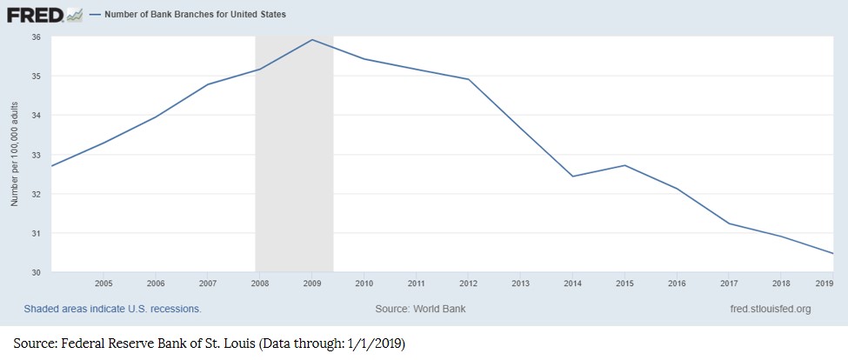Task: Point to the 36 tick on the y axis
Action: click(x=36, y=37)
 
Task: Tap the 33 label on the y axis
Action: click(x=36, y=155)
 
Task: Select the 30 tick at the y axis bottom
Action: click(x=36, y=273)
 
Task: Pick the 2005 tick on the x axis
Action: click(x=103, y=283)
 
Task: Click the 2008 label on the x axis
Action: click(x=260, y=283)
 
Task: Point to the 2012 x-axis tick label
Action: click(x=469, y=283)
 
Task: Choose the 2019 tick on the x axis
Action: click(x=825, y=283)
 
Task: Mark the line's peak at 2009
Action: click(x=312, y=40)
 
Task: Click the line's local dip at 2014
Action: click(x=573, y=177)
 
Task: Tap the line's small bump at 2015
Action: click(x=624, y=165)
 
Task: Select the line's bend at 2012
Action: click(x=469, y=79)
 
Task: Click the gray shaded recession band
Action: click(x=294, y=174)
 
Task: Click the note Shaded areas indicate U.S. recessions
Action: click(x=112, y=309)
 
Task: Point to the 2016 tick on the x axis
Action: click(x=677, y=283)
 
